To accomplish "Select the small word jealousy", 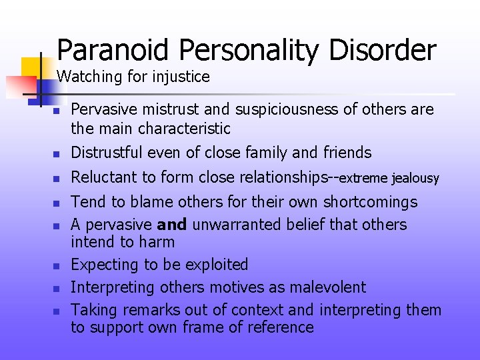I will click(416, 179).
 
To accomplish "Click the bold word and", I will click(173, 225).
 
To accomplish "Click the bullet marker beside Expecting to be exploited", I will click(57, 266).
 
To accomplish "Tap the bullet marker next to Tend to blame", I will click(57, 203).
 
